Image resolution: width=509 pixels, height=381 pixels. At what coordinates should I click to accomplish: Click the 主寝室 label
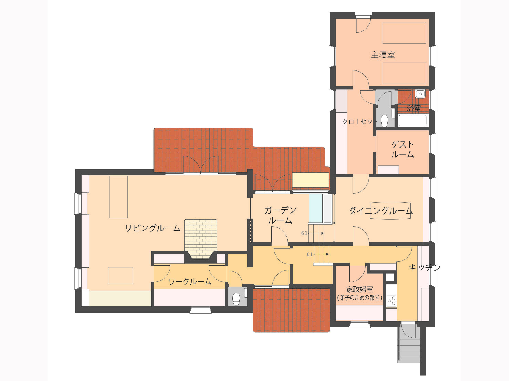coord(383,55)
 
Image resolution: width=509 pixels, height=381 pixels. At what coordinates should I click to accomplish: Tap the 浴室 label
coord(414,108)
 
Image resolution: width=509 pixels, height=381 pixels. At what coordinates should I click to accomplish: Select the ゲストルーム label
coord(403,150)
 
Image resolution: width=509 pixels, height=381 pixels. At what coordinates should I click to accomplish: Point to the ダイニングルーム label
coord(381,211)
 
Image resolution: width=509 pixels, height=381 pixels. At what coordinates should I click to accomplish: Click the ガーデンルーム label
coord(280,215)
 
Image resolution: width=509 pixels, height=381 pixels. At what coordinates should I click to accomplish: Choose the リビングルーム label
coord(153,228)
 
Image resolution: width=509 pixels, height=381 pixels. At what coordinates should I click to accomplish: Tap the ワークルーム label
coord(190,282)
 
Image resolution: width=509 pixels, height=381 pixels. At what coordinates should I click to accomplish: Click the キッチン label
coord(425,268)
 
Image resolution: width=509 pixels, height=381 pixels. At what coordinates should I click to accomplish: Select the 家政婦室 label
coord(360,289)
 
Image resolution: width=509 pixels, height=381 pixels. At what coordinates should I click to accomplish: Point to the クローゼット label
coord(360,121)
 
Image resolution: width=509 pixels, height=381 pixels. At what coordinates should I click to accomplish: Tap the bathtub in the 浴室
coord(413,121)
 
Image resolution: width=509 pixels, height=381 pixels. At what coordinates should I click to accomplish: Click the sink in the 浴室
coord(420,94)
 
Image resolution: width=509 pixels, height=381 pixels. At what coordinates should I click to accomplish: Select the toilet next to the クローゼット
coord(384,120)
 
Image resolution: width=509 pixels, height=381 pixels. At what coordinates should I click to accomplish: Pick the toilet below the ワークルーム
coord(236,299)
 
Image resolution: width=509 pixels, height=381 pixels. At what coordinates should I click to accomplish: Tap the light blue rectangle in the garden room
coord(315,209)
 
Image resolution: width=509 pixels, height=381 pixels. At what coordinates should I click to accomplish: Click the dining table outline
coord(390,211)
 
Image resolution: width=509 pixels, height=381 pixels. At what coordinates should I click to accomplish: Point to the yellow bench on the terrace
coord(311,180)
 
